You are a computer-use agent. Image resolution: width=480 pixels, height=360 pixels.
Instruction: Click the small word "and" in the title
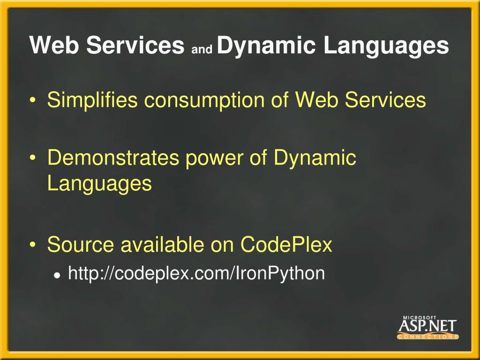click(x=202, y=48)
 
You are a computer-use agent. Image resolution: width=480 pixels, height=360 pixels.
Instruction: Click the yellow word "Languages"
click(x=99, y=184)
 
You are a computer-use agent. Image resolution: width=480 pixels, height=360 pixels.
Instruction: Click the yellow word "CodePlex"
click(x=286, y=245)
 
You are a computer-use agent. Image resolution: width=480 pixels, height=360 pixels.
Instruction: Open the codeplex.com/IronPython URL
click(x=196, y=273)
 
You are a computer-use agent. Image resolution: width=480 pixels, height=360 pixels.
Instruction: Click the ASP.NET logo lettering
click(x=427, y=326)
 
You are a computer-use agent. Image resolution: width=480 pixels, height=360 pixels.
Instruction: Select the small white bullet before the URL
click(x=57, y=275)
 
